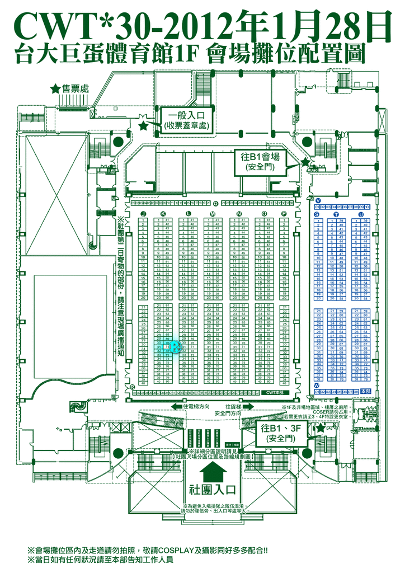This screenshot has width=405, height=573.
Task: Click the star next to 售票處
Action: (x=55, y=89)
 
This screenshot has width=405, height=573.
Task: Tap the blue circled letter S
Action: (x=317, y=214)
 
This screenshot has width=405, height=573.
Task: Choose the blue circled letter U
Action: (x=361, y=214)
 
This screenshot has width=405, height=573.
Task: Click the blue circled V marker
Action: (x=318, y=200)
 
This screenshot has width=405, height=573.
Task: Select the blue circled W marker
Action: (x=317, y=386)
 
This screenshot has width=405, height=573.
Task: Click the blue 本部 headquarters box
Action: (x=366, y=391)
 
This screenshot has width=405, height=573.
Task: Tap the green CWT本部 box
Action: (x=274, y=393)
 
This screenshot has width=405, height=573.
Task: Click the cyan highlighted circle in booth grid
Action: (x=174, y=347)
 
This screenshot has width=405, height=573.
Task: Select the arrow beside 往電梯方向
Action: (x=176, y=406)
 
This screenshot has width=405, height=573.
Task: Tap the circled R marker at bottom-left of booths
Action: (x=132, y=387)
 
